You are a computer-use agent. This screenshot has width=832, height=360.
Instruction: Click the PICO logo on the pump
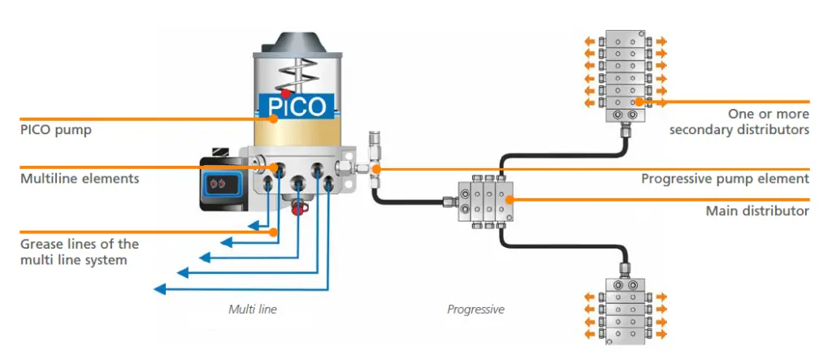[x=297, y=106]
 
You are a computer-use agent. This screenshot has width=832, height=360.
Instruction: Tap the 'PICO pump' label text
[x=56, y=130]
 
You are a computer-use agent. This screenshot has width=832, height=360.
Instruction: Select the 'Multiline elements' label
[x=80, y=179]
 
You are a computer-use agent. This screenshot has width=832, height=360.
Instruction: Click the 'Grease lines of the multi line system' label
[x=80, y=252]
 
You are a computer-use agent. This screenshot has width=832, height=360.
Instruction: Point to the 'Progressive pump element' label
[x=726, y=179]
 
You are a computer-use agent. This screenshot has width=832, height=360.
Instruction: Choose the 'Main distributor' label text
[x=757, y=211]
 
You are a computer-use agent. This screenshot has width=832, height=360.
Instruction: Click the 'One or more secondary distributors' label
[x=739, y=122]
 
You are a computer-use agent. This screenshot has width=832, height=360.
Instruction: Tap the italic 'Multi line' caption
[x=253, y=309]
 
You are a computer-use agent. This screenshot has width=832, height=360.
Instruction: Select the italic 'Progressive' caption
[x=476, y=309]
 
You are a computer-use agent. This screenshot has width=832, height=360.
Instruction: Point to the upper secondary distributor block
[x=624, y=74]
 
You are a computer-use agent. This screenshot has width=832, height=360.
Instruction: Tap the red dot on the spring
[x=286, y=93]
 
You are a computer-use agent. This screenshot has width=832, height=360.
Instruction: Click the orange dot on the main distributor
[x=509, y=200]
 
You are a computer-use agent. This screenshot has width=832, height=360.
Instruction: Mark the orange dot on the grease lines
[x=274, y=232]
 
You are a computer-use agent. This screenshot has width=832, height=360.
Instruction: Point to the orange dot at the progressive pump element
[x=375, y=169]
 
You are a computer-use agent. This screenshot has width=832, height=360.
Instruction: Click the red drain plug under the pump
[x=297, y=207]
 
